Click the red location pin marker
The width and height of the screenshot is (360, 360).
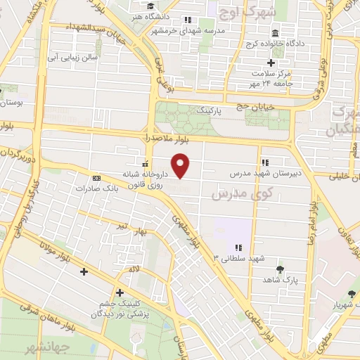tap(181, 165)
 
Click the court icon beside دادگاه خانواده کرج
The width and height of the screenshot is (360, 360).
tap(274, 34)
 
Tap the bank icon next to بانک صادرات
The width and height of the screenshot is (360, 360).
tap(96, 178)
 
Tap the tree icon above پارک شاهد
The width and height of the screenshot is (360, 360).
tap(281, 269)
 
